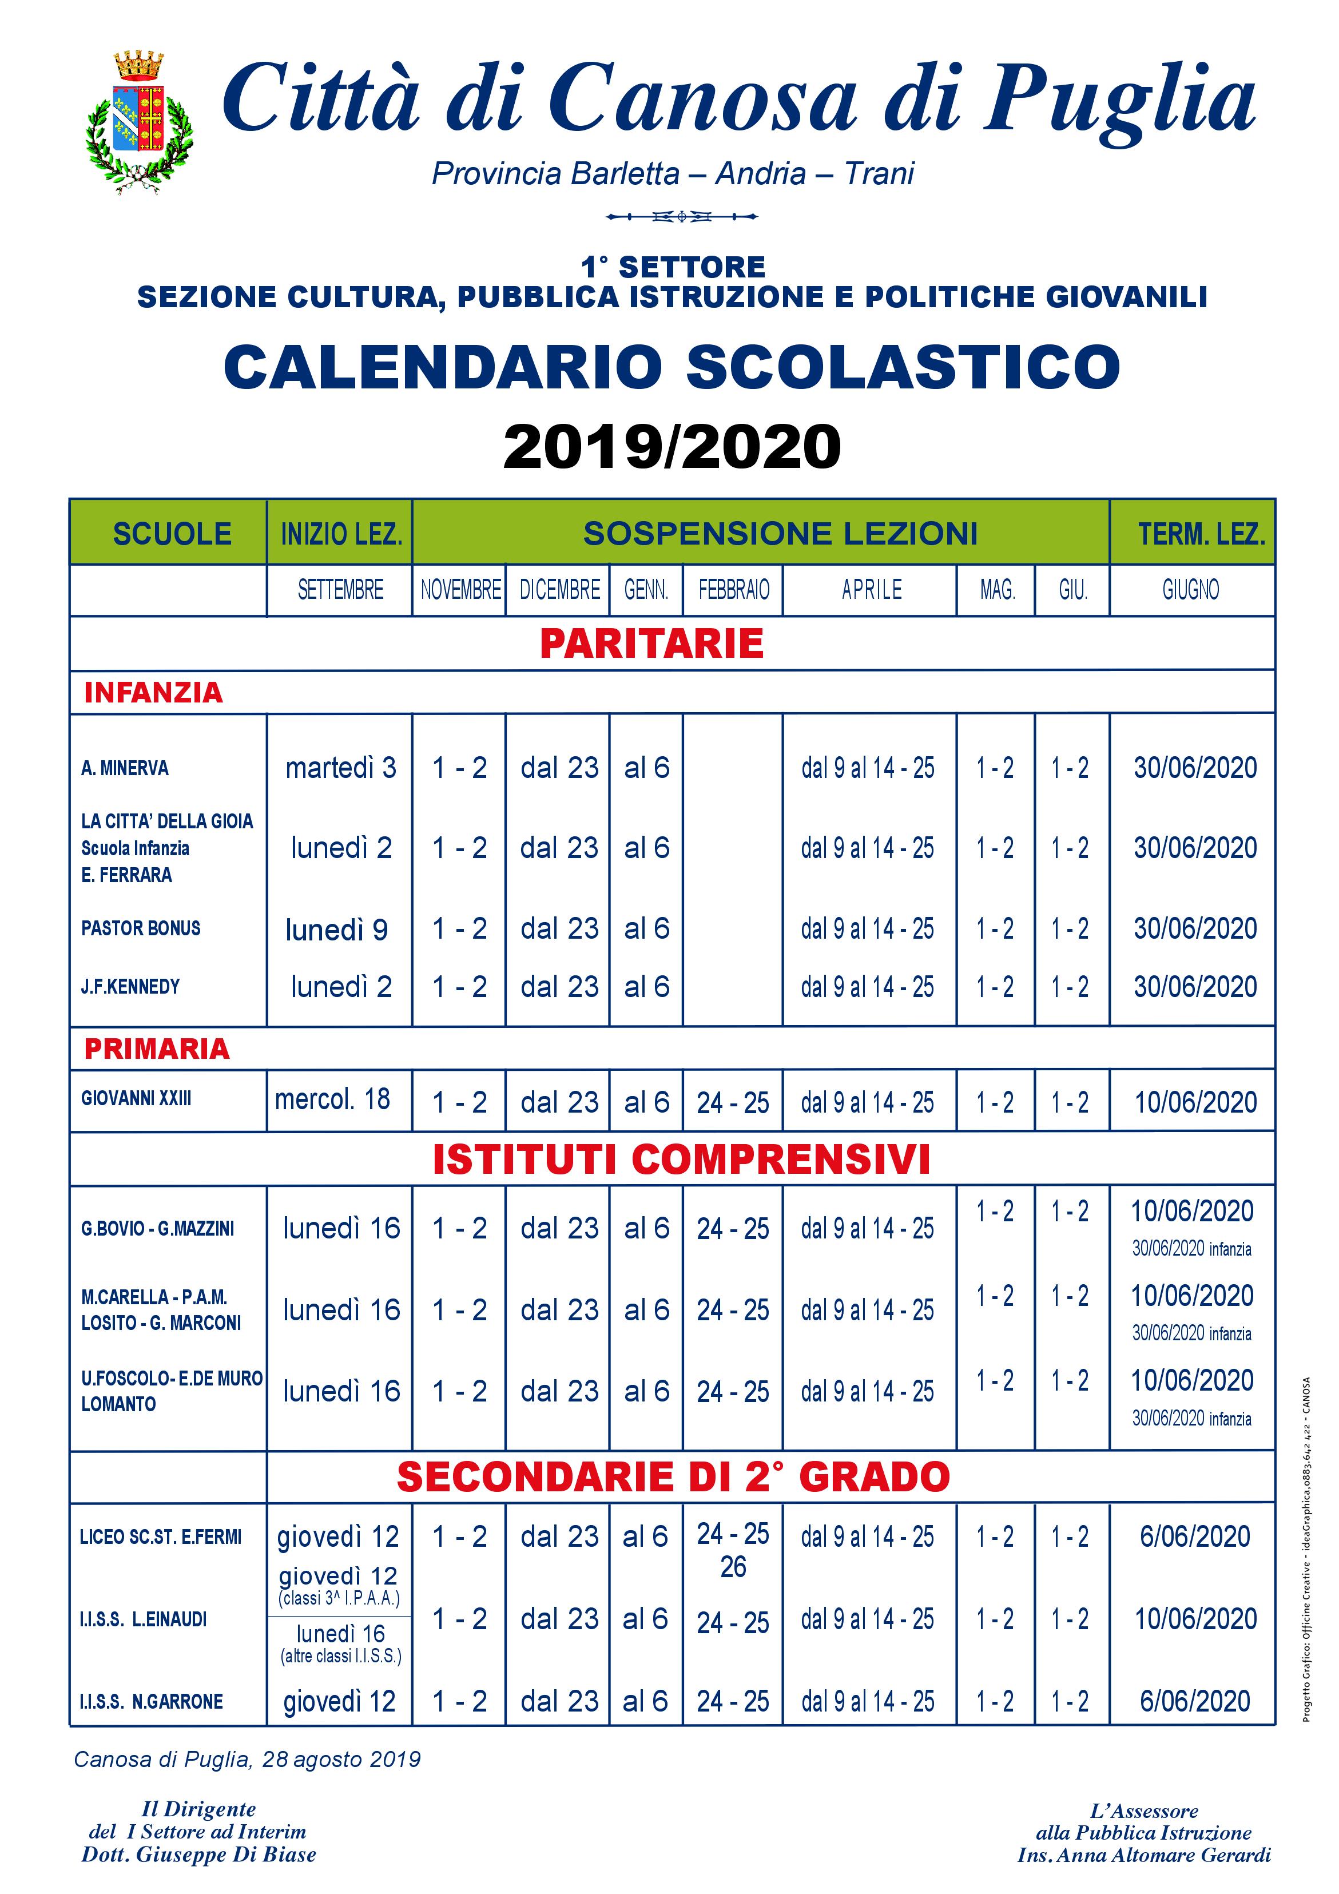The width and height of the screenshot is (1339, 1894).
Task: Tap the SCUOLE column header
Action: coord(172,534)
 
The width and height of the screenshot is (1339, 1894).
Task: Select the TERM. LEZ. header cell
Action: coord(1201,534)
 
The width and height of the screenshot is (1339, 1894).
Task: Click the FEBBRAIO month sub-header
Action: coord(733,590)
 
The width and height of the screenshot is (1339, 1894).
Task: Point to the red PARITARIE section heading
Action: coord(651,644)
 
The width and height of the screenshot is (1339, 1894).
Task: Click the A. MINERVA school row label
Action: coord(125,768)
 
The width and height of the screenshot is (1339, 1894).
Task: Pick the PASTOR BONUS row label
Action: coord(140,928)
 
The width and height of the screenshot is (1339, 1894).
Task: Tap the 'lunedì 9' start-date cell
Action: coord(336,930)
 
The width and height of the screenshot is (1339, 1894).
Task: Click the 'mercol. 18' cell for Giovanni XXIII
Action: coord(332,1099)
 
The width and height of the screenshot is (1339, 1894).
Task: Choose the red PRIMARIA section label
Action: coord(157,1049)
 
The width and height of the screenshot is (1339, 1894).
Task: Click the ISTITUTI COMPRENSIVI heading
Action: coord(681,1159)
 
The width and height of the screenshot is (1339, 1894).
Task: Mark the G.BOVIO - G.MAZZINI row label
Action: coord(157,1228)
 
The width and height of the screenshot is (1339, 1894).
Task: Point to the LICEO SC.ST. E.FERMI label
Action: coord(161,1537)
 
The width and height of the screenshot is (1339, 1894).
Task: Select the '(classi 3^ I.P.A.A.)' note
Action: coord(339,1598)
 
